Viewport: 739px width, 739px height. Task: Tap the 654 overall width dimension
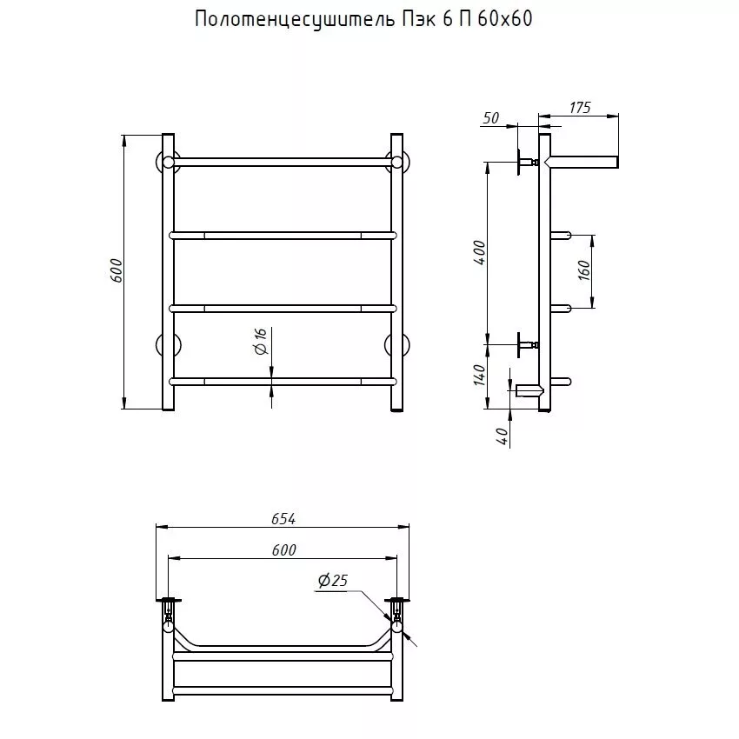tap(283, 518)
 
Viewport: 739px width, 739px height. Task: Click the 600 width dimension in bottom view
tap(283, 549)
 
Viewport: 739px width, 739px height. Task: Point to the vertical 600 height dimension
tap(117, 271)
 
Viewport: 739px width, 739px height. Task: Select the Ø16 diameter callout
tap(261, 342)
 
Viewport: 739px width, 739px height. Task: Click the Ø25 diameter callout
tap(333, 581)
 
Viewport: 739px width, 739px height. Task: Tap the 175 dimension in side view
tap(580, 108)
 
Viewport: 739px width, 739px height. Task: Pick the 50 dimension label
tap(490, 118)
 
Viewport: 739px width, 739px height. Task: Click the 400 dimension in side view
tap(480, 252)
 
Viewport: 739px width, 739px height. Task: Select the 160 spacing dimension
tap(584, 270)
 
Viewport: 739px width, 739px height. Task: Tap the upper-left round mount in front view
tap(167, 163)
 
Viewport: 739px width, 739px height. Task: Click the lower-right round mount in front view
tap(398, 345)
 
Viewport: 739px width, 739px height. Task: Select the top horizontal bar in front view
tap(282, 162)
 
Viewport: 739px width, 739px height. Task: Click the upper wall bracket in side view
tap(525, 163)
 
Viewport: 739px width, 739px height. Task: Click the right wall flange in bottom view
tap(397, 600)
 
